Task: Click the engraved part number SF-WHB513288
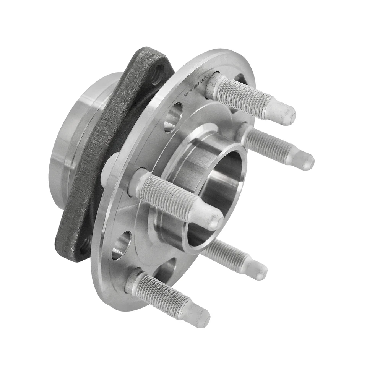(198, 86)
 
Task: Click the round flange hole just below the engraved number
(173, 117)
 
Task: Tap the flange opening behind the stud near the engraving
(241, 80)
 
